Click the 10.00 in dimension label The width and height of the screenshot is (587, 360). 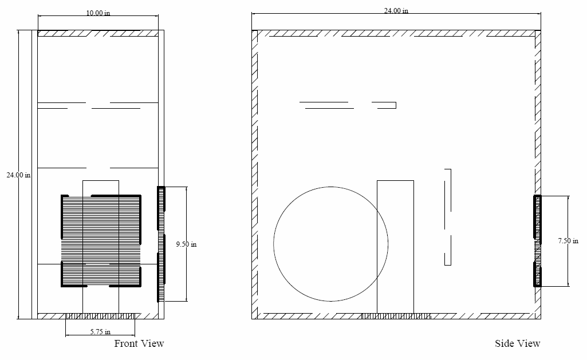pos(98,13)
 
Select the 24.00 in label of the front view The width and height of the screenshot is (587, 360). pos(19,175)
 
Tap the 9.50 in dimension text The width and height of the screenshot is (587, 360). pos(186,244)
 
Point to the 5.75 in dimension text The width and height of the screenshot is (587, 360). pos(100,331)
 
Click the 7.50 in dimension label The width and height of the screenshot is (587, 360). pos(568,241)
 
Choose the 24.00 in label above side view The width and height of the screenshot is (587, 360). pos(396,10)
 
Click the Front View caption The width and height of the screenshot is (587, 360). pos(139,343)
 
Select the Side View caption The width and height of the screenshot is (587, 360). pos(517,343)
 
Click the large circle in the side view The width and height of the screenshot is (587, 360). pos(330,244)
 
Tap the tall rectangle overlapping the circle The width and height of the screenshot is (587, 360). pos(395,247)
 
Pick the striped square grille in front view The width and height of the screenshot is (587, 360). pos(101,241)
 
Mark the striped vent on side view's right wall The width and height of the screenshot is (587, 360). pos(538,241)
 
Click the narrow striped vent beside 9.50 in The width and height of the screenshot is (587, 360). pos(161,244)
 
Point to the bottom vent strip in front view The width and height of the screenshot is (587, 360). pos(100,316)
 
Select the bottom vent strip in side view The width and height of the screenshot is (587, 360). pos(396,316)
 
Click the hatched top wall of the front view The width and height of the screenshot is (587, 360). pos(98,33)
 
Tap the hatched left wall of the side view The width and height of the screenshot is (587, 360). pos(255,175)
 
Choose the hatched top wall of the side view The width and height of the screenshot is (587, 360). pos(396,33)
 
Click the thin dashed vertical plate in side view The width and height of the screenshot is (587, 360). pos(448,217)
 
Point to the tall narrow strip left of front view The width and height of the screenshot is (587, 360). pos(34,175)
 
